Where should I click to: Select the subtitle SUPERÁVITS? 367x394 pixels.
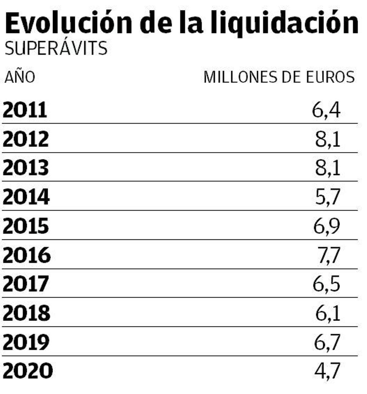click(56, 49)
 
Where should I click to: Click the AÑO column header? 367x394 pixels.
click(20, 77)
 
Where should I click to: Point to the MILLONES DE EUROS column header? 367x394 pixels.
click(279, 77)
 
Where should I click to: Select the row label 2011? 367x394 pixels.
click(25, 110)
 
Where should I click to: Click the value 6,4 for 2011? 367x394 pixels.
click(326, 110)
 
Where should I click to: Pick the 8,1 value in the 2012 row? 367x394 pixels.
click(328, 139)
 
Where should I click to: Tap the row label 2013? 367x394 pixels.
click(26, 168)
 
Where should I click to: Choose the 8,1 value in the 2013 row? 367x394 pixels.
click(328, 168)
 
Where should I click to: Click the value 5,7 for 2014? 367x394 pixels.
click(327, 197)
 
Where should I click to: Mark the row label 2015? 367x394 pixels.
click(26, 226)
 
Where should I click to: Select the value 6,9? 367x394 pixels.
click(327, 226)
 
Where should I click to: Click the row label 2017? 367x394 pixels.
click(26, 284)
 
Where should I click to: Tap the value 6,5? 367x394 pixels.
click(326, 284)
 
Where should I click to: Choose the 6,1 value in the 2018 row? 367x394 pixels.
click(328, 313)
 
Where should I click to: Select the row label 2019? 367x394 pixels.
click(26, 342)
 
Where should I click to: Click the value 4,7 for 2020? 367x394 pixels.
click(327, 371)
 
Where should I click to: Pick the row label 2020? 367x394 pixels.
click(28, 371)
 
